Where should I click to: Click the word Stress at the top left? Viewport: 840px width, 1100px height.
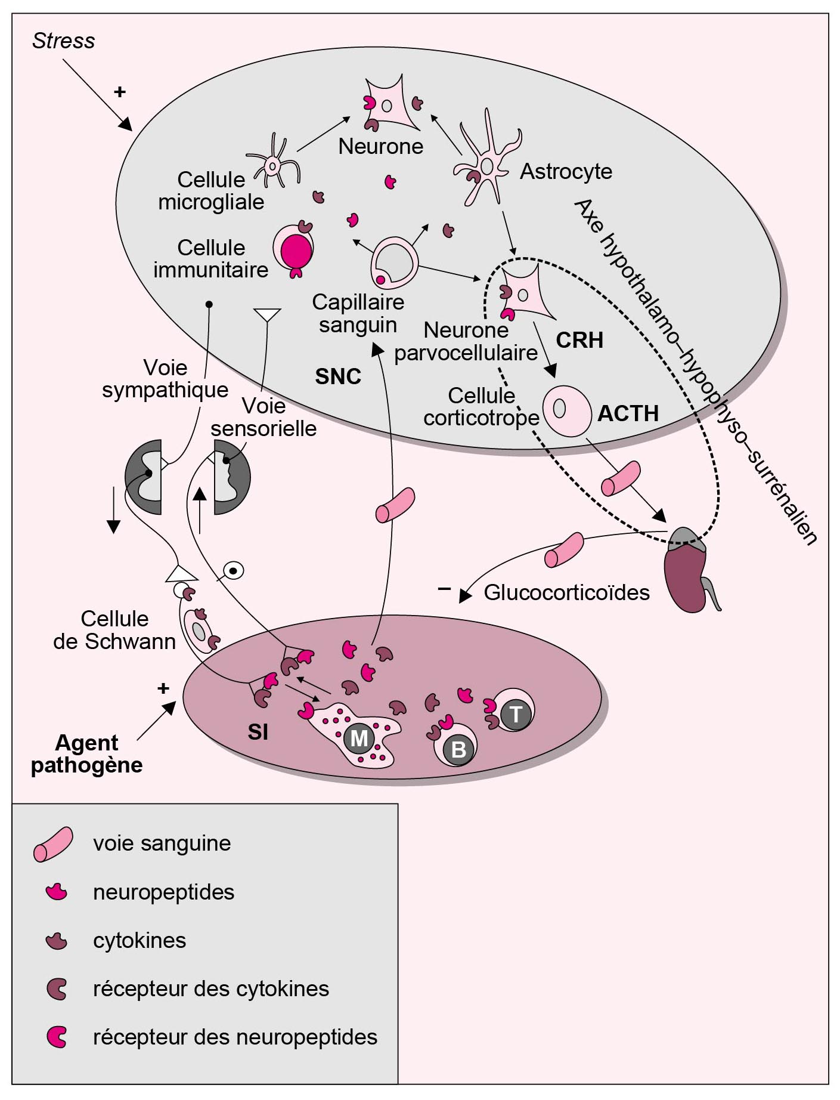pos(63,41)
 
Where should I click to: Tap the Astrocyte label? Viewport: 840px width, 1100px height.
pos(566,172)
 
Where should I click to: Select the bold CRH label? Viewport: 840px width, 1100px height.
pos(579,341)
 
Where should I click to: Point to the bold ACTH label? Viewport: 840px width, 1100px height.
pos(628,413)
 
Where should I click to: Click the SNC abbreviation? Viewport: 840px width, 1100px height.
pos(338,377)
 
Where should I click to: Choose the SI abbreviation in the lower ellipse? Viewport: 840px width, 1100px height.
pos(258,732)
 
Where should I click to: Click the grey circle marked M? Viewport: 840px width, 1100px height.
pos(359,739)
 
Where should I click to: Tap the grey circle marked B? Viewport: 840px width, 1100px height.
pos(458,749)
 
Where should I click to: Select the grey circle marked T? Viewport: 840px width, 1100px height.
pos(516,714)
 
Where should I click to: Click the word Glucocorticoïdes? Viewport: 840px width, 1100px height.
pos(566,593)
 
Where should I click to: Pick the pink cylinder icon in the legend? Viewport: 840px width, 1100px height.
pos(53,844)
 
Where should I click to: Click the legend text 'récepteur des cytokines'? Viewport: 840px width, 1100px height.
pos(211,989)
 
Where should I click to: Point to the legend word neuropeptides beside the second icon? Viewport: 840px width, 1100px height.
pos(163,892)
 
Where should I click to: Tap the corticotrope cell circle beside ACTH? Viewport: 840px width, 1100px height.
pos(566,410)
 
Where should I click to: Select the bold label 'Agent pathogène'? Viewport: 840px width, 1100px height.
pos(86,754)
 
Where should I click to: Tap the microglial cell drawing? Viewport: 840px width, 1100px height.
pos(273,163)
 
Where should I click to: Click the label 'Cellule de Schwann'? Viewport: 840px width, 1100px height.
pos(114,630)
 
